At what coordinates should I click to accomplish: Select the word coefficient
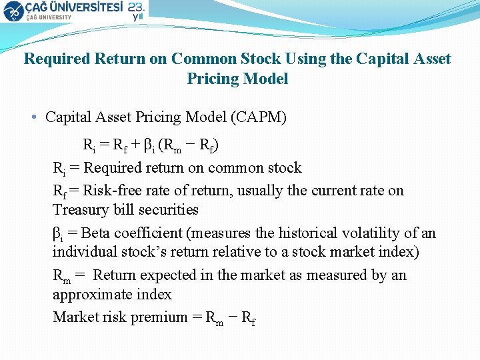pyautogui.click(x=148, y=233)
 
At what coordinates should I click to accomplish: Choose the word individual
pyautogui.click(x=85, y=253)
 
